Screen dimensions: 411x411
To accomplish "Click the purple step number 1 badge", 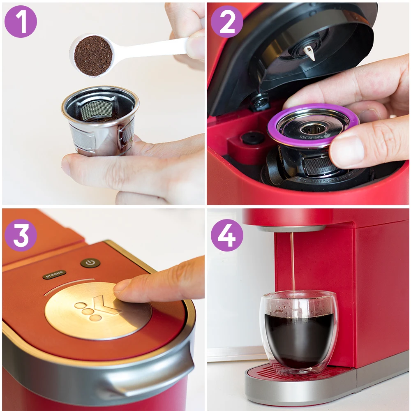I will [21, 21].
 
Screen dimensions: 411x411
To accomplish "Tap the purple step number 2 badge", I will [227, 21].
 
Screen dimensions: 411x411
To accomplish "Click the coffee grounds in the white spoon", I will [93, 55].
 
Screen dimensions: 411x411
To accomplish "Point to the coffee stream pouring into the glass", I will [293, 263].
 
